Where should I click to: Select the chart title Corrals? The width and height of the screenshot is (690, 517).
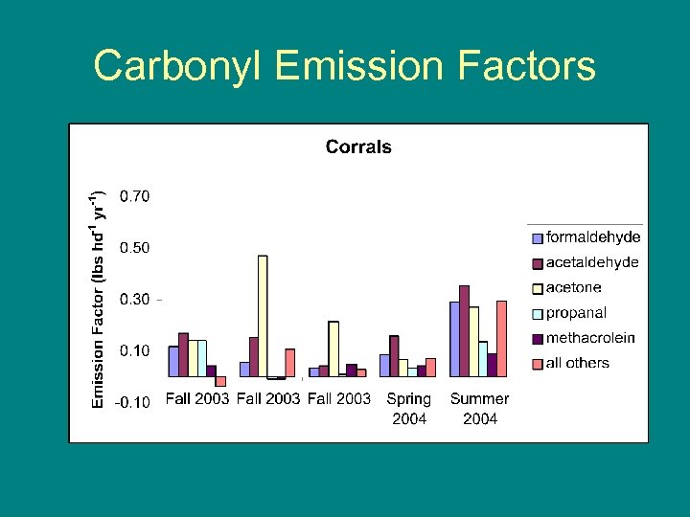(358, 146)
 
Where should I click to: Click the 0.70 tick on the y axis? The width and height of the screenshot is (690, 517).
(134, 196)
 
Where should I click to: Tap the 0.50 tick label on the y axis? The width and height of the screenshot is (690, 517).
(134, 248)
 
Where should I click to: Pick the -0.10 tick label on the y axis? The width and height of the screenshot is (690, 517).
(132, 402)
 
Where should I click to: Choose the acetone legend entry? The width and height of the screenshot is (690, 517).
(573, 287)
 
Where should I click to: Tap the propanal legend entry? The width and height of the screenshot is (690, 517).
(575, 312)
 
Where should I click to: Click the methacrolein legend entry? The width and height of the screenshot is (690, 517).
(589, 338)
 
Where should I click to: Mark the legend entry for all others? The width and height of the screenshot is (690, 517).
(577, 363)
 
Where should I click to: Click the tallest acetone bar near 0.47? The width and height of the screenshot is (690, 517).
(263, 316)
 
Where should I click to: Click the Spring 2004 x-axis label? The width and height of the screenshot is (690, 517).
(409, 408)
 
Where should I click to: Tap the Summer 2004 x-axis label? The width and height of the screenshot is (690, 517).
(480, 408)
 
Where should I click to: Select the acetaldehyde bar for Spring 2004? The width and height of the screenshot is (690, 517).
(394, 355)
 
